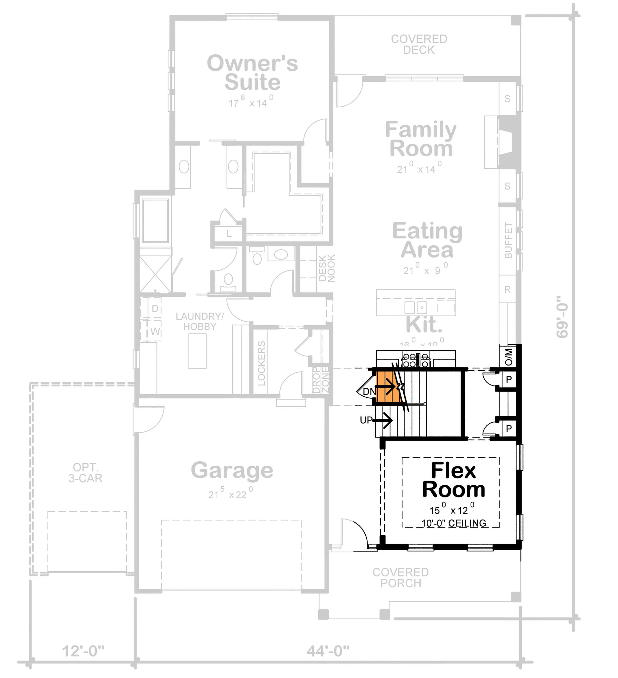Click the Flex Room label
[x=453, y=480]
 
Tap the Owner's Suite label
[x=252, y=73]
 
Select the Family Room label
[x=421, y=139]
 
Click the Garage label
[x=232, y=470]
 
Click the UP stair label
[x=366, y=420]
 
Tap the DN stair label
[x=369, y=392]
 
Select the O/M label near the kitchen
[x=509, y=357]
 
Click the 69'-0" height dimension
[x=562, y=317]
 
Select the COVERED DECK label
[x=419, y=44]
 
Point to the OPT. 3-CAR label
[x=86, y=473]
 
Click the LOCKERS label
[x=261, y=363]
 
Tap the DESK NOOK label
[x=327, y=268]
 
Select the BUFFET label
[x=508, y=240]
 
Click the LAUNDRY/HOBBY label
[x=199, y=321]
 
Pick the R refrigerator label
[x=508, y=289]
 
